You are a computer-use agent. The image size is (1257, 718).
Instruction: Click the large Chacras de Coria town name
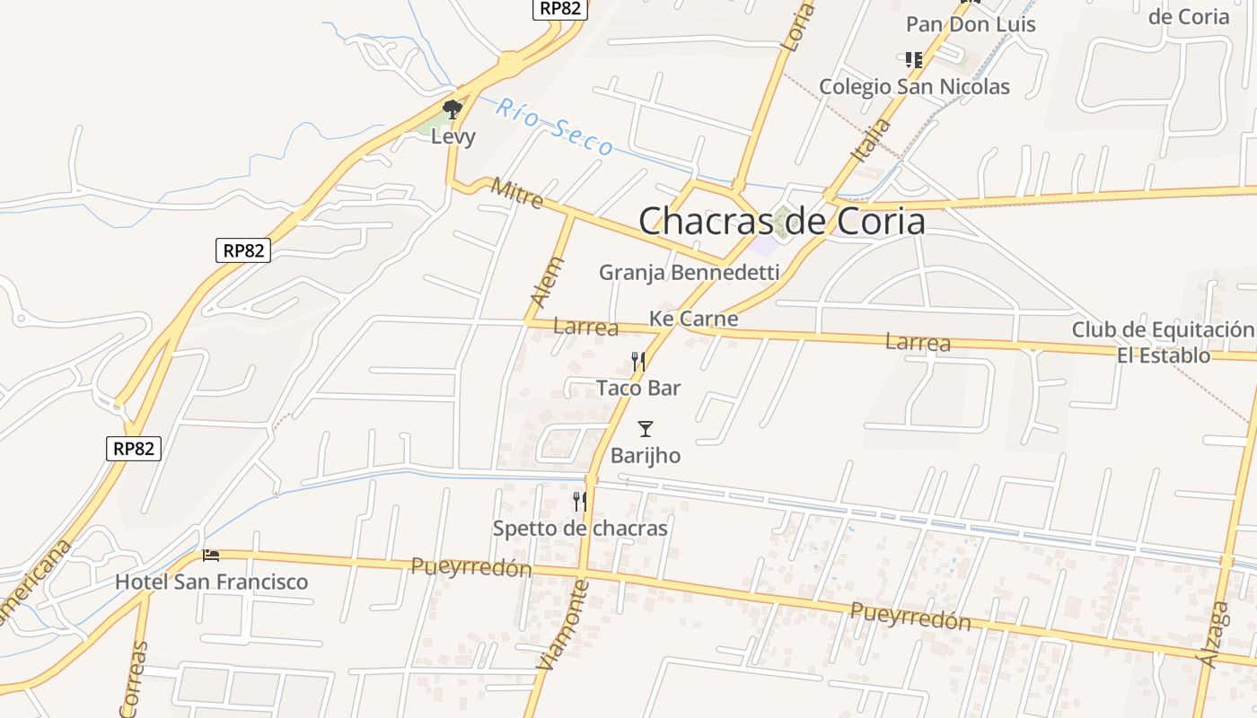click(781, 221)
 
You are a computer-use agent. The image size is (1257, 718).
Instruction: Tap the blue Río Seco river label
click(555, 127)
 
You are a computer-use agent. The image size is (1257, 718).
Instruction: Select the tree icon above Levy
click(453, 109)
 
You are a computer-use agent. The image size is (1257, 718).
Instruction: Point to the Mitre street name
click(517, 193)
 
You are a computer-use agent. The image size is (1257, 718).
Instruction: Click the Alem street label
click(548, 283)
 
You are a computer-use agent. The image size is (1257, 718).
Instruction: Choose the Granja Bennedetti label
click(689, 272)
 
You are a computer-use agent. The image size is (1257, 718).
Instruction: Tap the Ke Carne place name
click(693, 319)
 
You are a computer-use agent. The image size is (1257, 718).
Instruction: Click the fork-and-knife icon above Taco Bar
click(638, 362)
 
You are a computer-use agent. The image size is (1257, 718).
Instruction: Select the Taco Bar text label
click(638, 388)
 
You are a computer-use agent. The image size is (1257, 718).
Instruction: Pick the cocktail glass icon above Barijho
click(646, 429)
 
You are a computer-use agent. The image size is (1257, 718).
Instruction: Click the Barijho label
click(646, 456)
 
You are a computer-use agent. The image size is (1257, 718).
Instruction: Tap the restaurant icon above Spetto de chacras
click(580, 502)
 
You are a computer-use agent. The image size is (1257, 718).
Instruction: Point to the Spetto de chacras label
click(580, 529)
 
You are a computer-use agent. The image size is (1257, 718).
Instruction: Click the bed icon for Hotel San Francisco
click(211, 556)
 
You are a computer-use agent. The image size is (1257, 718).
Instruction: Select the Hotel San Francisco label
click(211, 582)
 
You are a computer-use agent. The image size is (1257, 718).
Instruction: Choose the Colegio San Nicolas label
click(914, 87)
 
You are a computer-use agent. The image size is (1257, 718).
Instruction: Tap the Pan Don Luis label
click(971, 24)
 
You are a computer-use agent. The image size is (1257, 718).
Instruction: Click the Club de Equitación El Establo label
click(1164, 342)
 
